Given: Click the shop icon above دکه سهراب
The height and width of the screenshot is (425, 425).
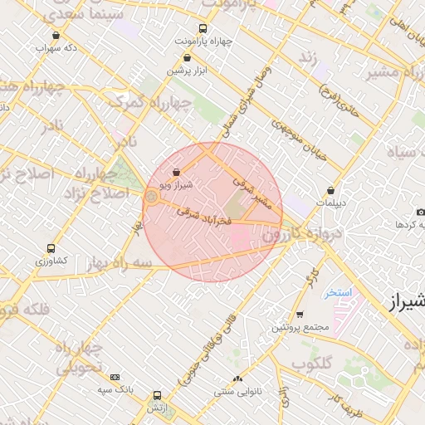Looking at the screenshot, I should coord(56,35).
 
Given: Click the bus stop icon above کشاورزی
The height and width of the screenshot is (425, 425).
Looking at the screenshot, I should coord(51,248).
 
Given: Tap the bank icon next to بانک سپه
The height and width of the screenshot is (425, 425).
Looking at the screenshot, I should coord(115,377).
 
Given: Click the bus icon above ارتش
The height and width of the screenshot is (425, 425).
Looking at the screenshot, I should coord(157,395).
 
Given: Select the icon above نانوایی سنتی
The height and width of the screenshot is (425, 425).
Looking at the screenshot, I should coord(237,379).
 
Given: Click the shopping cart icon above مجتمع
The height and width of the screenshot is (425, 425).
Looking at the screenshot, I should coord(300,315).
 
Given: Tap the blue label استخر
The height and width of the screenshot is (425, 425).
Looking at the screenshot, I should coord(340,293).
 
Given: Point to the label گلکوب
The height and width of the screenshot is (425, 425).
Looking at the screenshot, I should coord(312,363).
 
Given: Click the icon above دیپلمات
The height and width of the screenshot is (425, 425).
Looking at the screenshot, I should coord(330,190).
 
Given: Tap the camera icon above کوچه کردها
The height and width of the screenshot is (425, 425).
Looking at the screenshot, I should coord(420,212).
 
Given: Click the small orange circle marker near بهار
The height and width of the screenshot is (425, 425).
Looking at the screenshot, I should coord(151,197).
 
